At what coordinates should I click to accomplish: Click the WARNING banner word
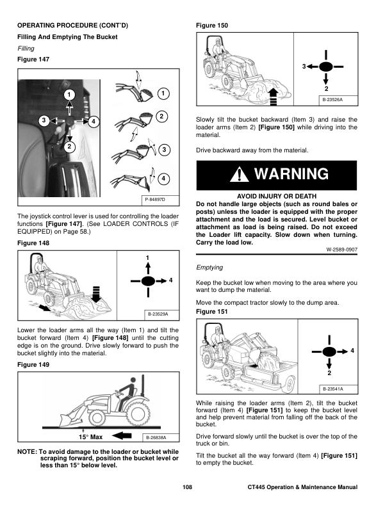click(291, 174)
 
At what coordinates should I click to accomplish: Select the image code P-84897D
click(156, 200)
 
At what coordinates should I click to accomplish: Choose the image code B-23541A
click(332, 389)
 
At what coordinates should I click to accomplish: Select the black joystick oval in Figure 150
click(326, 66)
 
